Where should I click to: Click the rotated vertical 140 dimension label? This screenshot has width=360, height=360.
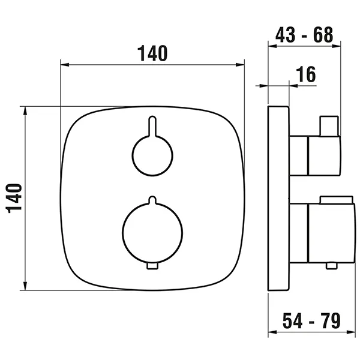14,198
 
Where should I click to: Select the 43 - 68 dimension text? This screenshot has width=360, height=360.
304,35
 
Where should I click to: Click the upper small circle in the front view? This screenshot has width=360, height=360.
151,155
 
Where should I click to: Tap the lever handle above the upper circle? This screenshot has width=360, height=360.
151,126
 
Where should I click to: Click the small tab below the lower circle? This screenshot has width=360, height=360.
152,266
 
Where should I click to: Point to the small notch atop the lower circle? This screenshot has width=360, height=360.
152,199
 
